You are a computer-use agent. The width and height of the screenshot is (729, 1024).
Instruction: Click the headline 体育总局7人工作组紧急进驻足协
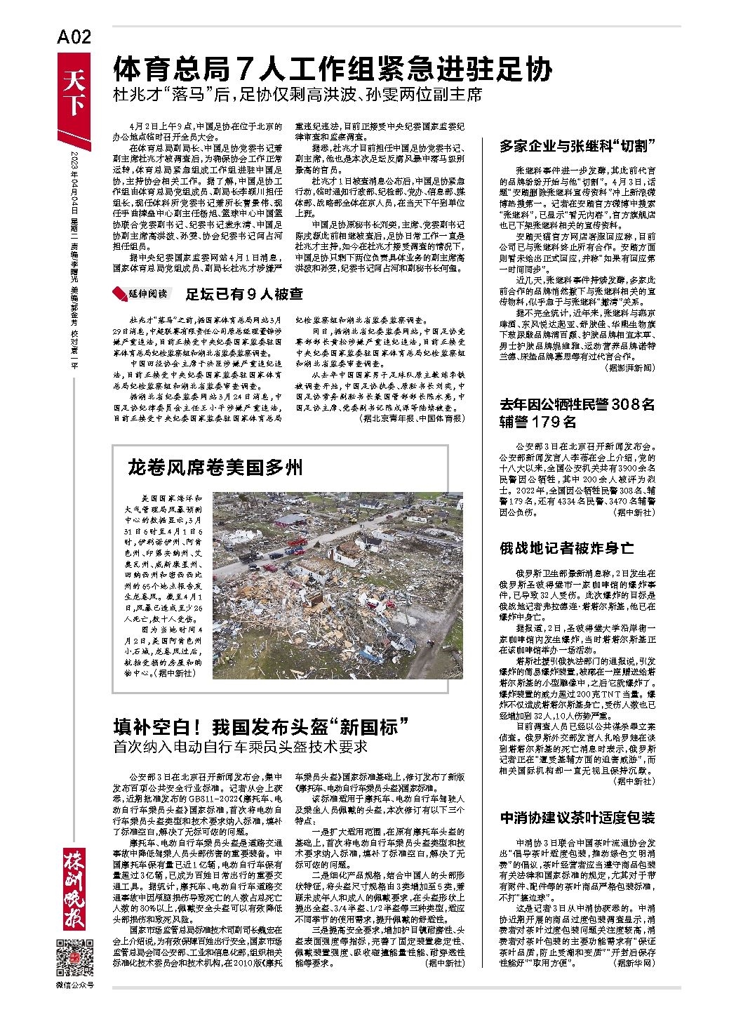click(333, 69)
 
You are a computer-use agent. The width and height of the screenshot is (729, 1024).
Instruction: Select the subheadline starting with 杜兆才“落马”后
click(300, 95)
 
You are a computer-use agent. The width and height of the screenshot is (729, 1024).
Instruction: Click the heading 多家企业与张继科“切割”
click(577, 146)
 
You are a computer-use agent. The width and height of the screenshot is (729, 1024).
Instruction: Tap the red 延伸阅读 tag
click(140, 293)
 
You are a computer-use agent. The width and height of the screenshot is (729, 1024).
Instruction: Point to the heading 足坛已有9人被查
click(244, 293)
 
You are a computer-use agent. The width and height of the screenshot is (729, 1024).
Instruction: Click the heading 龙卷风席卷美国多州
click(215, 466)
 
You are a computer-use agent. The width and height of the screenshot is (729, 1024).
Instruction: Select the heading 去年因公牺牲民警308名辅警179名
click(577, 413)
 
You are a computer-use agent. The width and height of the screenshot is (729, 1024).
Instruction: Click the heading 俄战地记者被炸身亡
click(566, 546)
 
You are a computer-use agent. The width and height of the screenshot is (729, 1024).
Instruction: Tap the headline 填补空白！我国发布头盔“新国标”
click(262, 726)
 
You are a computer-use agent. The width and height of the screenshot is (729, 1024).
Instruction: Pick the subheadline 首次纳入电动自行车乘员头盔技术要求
click(241, 746)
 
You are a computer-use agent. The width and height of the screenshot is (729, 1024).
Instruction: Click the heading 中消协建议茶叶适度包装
click(577, 818)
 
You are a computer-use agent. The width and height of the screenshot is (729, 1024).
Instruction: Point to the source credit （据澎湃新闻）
click(625, 366)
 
